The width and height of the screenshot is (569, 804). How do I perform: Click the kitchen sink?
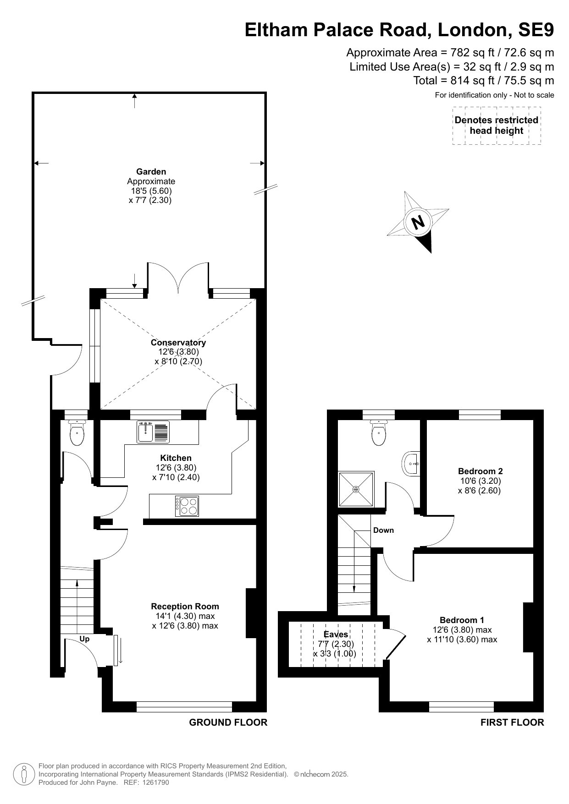pos(153,432)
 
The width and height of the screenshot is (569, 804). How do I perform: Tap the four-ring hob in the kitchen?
pos(187,506)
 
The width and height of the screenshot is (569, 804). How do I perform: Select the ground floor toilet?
pos(76,432)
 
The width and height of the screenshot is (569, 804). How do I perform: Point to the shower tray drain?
pos(356,489)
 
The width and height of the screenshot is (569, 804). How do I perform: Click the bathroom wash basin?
pos(411,464)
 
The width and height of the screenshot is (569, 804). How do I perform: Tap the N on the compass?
pos(418,223)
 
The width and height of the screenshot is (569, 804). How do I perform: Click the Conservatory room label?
pos(178,342)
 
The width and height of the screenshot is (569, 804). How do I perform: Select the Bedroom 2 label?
pos(481,471)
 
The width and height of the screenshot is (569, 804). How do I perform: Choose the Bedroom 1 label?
pos(462,620)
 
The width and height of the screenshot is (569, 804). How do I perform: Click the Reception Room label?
pos(185,606)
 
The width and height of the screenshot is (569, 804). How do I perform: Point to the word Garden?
pos(151,172)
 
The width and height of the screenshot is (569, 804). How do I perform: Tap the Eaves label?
pos(336,634)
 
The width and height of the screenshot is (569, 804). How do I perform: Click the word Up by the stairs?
pos(84,639)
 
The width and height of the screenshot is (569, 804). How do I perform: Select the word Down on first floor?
pos(383,530)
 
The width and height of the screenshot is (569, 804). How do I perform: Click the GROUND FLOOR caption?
pos(228,722)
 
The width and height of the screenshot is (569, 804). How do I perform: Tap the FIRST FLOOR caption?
pos(512,722)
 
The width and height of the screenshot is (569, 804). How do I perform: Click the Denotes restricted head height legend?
pos(497,126)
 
